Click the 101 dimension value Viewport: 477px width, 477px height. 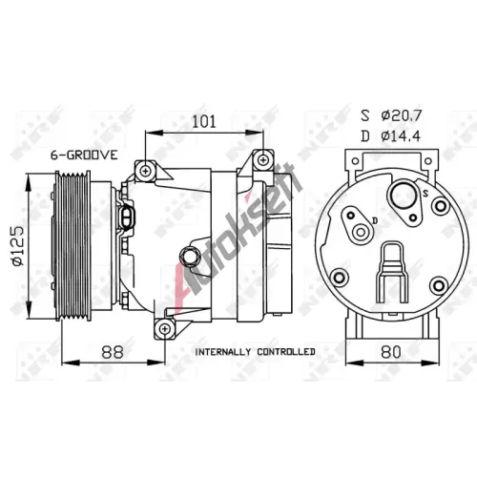[x=204, y=122]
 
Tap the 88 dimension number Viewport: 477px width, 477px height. [x=113, y=352]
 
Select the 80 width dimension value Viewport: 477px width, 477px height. [x=390, y=352]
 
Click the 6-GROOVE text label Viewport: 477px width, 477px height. [x=84, y=156]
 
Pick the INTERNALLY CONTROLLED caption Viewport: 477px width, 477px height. [x=255, y=352]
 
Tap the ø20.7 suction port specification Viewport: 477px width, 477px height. [x=401, y=115]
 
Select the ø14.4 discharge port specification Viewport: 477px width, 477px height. [x=401, y=136]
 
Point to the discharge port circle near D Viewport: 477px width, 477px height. [x=361, y=233]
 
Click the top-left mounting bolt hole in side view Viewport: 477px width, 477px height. [x=146, y=172]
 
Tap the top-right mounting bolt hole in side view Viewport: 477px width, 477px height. [x=263, y=159]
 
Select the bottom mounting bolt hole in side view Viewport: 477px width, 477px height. [x=165, y=329]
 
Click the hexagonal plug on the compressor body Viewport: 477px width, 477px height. [x=190, y=256]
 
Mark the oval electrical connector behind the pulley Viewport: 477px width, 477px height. [x=129, y=219]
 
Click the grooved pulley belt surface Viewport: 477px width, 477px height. [x=73, y=245]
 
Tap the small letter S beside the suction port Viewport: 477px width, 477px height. [x=425, y=193]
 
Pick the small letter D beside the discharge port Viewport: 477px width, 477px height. [x=375, y=220]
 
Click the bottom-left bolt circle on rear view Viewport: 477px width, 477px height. [x=340, y=278]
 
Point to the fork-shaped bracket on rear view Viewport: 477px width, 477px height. [x=392, y=273]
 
